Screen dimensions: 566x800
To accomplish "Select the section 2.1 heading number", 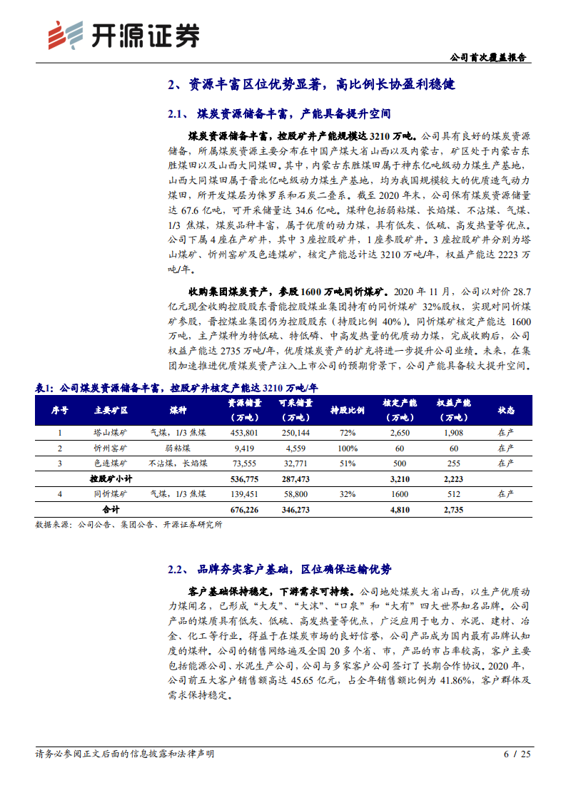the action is coord(176,113).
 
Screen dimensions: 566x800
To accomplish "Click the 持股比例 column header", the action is coord(348,411).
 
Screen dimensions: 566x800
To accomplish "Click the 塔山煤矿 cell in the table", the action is coord(111,433).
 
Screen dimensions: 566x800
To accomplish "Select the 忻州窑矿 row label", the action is coord(111,448).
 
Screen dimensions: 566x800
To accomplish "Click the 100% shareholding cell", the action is coord(348,448).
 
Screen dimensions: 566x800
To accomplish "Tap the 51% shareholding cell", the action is coord(348,463).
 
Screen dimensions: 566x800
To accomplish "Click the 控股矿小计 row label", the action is coord(111,478).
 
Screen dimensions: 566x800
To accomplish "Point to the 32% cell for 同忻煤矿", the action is coord(348,494).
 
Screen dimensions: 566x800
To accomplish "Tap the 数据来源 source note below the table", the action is coord(128,525).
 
